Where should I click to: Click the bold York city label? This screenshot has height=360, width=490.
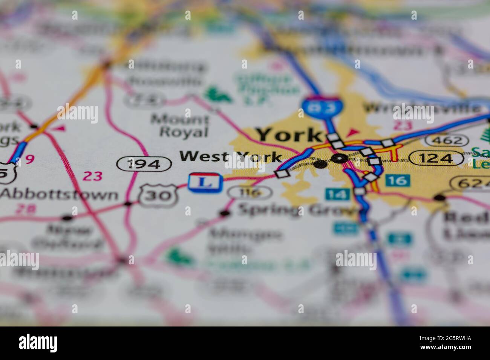288,135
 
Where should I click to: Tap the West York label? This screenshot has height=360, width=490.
231,157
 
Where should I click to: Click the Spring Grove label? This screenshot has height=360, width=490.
294,210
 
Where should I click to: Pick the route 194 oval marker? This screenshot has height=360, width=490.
144,164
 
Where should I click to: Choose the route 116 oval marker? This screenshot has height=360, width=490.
250,193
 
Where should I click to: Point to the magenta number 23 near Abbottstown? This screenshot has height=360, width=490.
92,175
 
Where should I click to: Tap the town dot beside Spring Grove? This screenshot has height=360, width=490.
225,214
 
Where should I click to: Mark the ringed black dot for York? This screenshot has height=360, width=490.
340,159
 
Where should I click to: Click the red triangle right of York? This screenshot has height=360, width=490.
352,132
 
